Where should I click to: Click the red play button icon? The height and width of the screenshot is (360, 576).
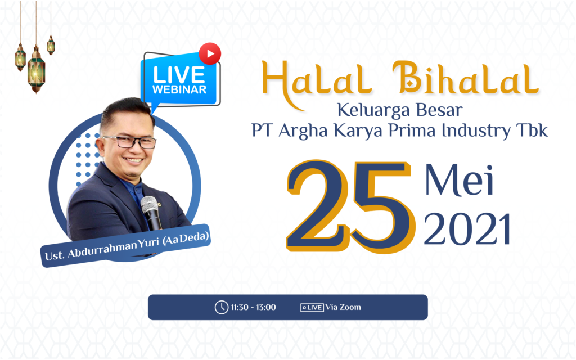pyautogui.click(x=210, y=53)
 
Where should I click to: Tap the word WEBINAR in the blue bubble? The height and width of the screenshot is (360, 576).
pyautogui.click(x=179, y=89)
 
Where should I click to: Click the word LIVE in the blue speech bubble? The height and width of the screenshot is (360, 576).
pyautogui.click(x=179, y=75)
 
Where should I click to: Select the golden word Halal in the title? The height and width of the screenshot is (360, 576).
pyautogui.click(x=317, y=81)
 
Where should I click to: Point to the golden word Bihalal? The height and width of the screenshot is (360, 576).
pyautogui.click(x=465, y=78)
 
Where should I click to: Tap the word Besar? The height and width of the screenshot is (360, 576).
pyautogui.click(x=440, y=110)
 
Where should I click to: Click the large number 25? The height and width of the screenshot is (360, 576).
pyautogui.click(x=350, y=206)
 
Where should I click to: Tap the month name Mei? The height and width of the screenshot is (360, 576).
pyautogui.click(x=459, y=181)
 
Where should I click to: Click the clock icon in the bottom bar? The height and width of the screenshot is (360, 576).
pyautogui.click(x=222, y=308)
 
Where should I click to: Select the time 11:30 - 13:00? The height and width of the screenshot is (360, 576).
pyautogui.click(x=254, y=308)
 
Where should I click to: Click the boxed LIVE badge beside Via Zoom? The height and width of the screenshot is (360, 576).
pyautogui.click(x=312, y=308)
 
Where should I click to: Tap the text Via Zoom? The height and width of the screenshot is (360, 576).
pyautogui.click(x=343, y=307)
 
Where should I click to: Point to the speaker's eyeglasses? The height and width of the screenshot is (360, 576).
pyautogui.click(x=129, y=142)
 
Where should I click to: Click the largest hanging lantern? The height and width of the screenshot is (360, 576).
pyautogui.click(x=36, y=69)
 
